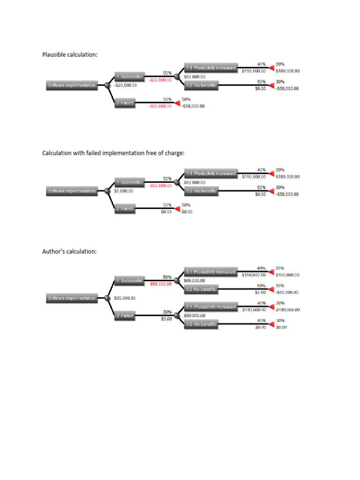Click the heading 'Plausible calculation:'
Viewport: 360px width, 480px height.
coord(70,55)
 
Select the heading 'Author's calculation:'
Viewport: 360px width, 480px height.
coord(69,251)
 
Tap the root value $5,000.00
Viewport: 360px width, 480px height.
coord(124,191)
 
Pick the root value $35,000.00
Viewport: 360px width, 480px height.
coord(125,298)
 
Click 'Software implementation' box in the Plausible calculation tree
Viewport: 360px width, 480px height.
coord(72,85)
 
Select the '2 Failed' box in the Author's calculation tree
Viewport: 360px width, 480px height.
coord(125,316)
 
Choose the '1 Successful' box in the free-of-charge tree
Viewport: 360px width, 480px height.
coord(129,182)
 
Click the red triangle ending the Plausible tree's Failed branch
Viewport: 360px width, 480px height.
coord(177,103)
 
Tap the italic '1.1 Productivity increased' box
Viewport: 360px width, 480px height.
coord(210,307)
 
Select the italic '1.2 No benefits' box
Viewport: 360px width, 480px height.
coord(201,324)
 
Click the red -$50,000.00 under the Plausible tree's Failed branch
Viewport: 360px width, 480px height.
coord(160,106)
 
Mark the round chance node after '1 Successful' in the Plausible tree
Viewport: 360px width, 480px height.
coord(176,76)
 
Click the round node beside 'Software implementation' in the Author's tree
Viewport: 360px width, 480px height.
coord(107,298)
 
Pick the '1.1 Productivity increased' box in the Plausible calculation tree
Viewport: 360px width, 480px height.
coord(210,67)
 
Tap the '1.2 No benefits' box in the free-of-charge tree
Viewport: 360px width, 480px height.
coord(201,191)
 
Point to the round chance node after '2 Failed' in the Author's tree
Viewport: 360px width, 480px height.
coord(176,315)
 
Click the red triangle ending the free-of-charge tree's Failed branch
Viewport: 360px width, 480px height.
coord(177,208)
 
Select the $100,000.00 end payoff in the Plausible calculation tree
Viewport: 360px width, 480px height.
coord(287,71)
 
